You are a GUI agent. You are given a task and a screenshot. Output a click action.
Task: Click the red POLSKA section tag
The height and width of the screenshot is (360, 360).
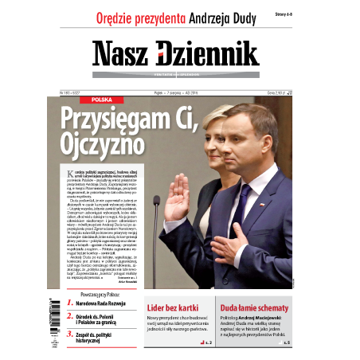point(101,100)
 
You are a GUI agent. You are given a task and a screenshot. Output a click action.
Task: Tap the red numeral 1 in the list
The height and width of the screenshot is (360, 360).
point(68,303)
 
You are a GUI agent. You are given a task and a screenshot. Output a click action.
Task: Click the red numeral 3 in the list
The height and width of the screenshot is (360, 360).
point(68,337)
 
